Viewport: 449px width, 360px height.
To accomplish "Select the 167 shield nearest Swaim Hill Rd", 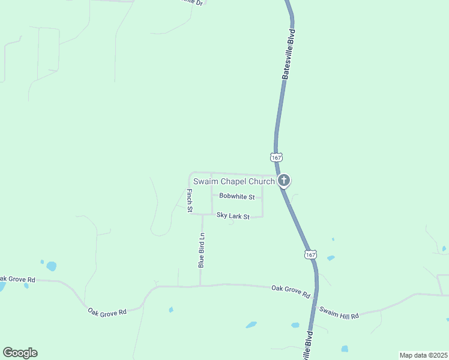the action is [310, 254].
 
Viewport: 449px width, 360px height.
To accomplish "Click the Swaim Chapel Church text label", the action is [234, 181].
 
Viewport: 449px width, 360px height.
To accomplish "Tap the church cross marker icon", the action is [284, 180].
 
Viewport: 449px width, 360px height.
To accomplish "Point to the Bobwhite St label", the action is [237, 196].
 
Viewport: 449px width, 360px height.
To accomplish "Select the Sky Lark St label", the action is [233, 215].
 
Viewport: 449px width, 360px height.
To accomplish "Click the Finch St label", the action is [189, 200].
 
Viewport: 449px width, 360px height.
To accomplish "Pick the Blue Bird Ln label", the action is [202, 250].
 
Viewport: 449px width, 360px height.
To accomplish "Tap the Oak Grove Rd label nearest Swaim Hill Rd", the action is [291, 292].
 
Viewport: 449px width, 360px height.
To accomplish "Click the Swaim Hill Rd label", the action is [339, 313].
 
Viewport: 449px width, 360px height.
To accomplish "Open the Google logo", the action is [20, 353].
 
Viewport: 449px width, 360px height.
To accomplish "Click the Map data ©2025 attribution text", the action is [423, 355].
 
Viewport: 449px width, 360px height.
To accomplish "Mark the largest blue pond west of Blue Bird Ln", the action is [51, 266].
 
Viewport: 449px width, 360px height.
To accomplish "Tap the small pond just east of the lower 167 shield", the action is [331, 258].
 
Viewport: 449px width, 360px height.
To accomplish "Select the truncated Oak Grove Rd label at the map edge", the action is [17, 279].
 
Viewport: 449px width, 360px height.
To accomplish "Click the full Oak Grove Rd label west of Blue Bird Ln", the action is [107, 312].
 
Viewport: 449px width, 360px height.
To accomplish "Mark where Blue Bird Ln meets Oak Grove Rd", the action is [200, 286].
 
